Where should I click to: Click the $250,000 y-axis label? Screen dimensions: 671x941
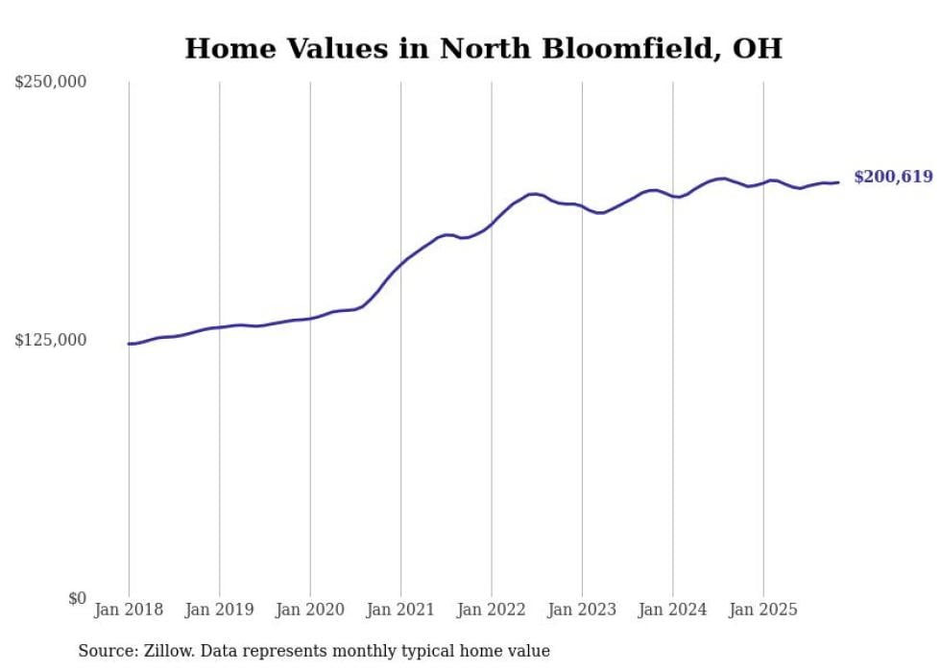click(50, 83)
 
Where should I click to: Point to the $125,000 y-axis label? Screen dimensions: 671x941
click(50, 340)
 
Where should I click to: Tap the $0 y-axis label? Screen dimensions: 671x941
click(77, 598)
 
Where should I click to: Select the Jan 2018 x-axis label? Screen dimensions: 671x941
click(129, 610)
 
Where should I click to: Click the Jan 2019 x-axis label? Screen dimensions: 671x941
click(219, 610)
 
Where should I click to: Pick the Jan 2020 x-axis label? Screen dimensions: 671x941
click(310, 610)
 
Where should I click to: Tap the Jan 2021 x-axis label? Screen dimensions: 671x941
click(400, 610)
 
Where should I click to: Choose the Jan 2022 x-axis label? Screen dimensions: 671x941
click(492, 610)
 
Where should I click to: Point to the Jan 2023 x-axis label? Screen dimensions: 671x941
click(582, 610)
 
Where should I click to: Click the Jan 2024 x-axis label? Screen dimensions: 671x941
click(673, 610)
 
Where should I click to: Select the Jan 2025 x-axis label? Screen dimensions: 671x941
click(763, 610)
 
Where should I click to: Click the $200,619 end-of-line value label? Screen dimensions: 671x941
click(893, 177)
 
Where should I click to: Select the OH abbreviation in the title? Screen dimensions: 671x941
click(760, 49)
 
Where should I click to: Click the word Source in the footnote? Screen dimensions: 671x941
click(107, 651)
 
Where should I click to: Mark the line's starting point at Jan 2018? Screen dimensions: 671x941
click(129, 344)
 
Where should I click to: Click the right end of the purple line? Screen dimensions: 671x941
click(838, 182)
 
